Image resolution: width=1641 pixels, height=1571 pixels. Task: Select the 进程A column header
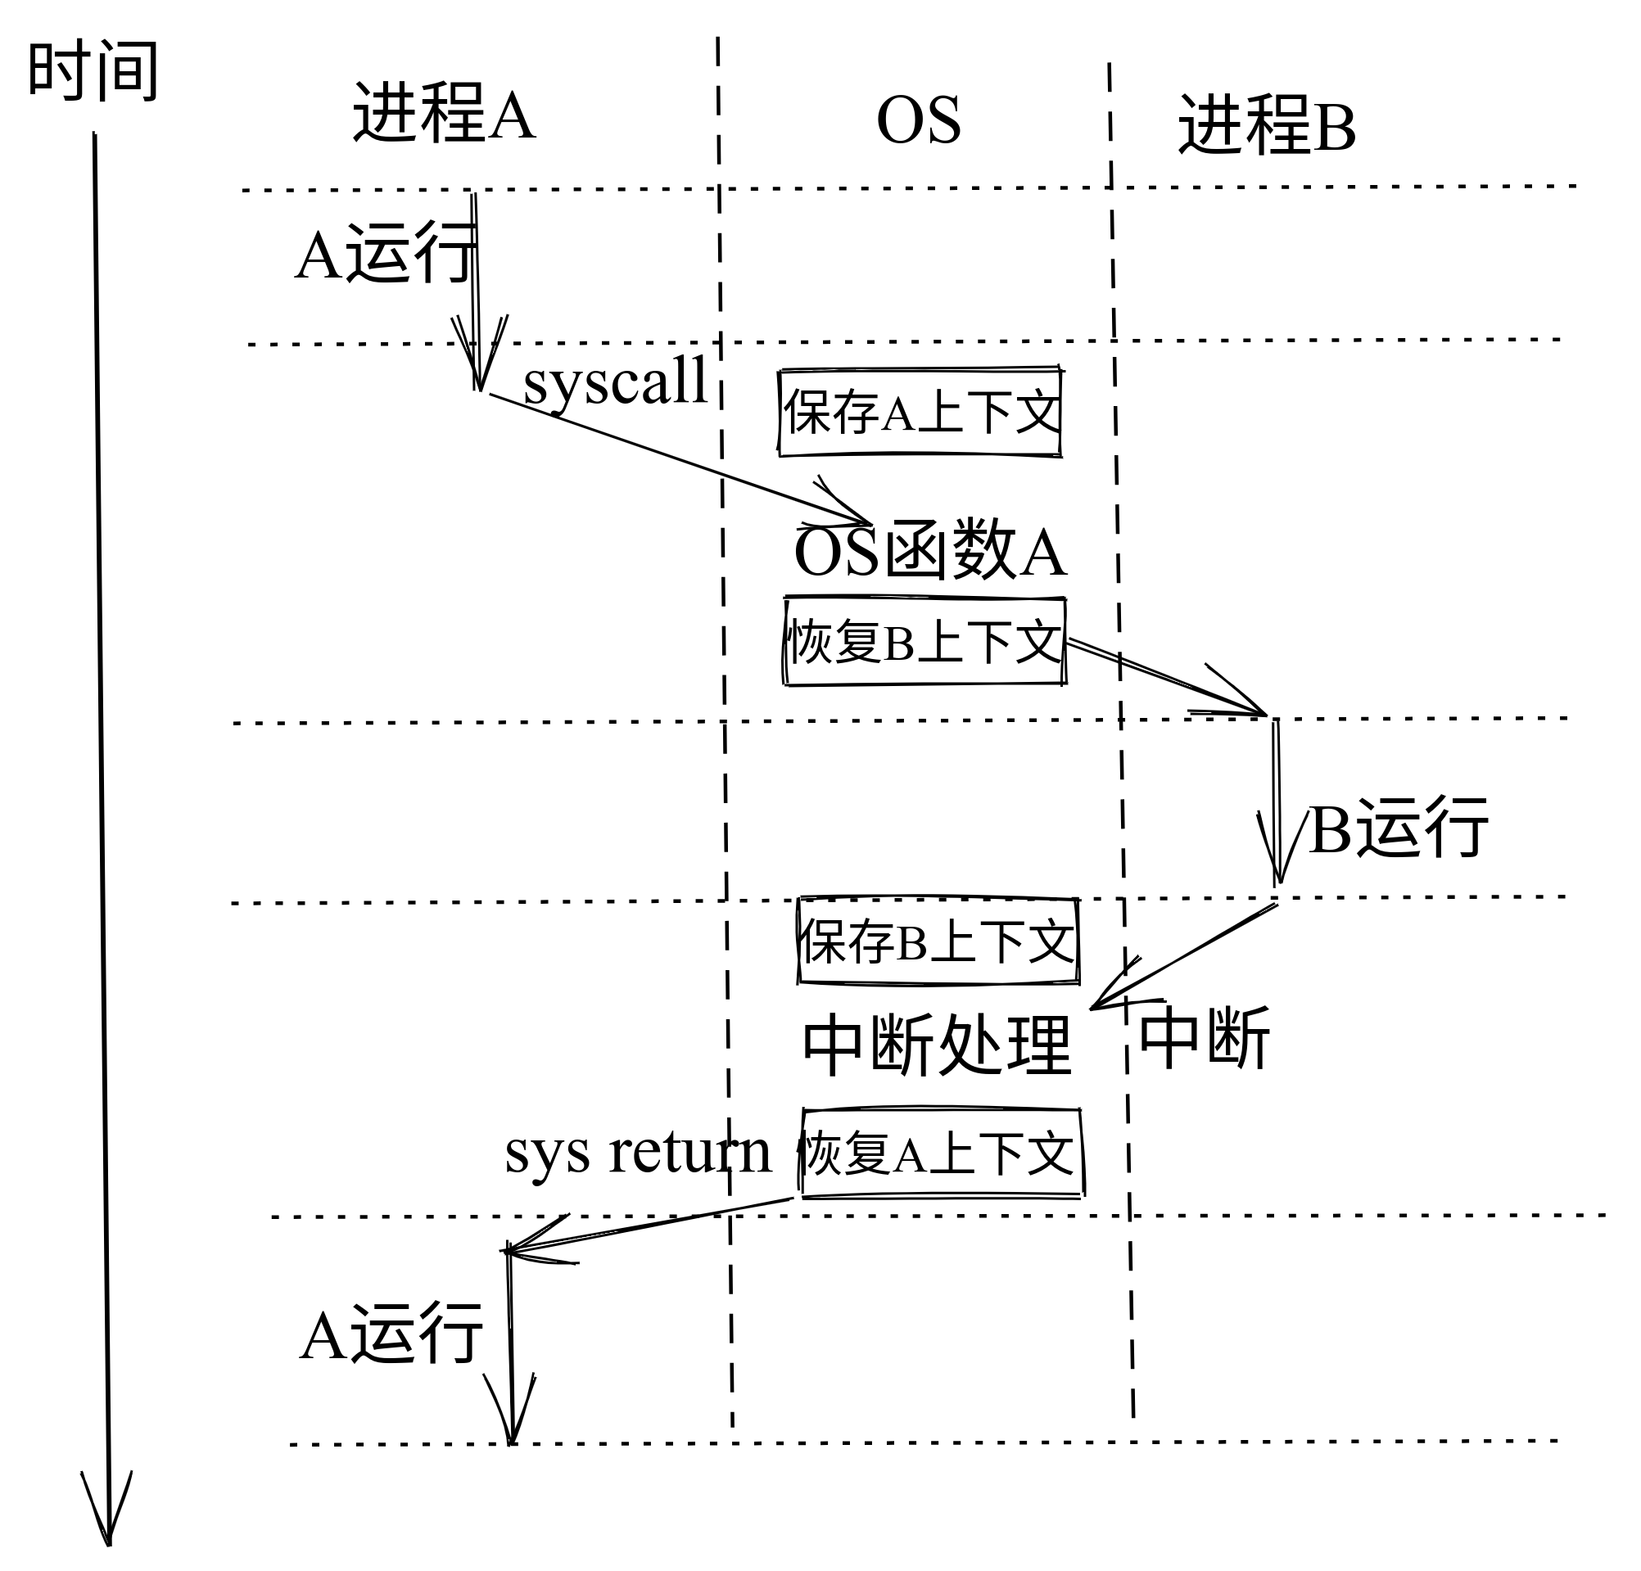(443, 113)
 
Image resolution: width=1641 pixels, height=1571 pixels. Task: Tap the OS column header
(918, 120)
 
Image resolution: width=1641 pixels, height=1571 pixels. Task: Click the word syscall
(616, 381)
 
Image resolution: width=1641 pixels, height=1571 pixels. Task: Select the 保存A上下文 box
(920, 412)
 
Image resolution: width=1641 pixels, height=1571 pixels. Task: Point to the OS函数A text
(929, 553)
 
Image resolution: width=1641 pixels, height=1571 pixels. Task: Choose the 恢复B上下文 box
(924, 642)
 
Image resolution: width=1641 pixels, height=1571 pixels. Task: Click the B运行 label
(1397, 828)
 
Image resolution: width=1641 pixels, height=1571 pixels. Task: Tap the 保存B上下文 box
(938, 941)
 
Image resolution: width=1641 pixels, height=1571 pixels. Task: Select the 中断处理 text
(936, 1045)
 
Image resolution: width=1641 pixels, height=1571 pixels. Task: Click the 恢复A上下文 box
(941, 1154)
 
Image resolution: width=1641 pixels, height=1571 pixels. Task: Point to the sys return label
(638, 1153)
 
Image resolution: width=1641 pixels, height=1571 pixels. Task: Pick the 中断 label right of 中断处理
(1204, 1039)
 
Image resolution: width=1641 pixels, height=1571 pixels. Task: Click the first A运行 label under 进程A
(385, 254)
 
